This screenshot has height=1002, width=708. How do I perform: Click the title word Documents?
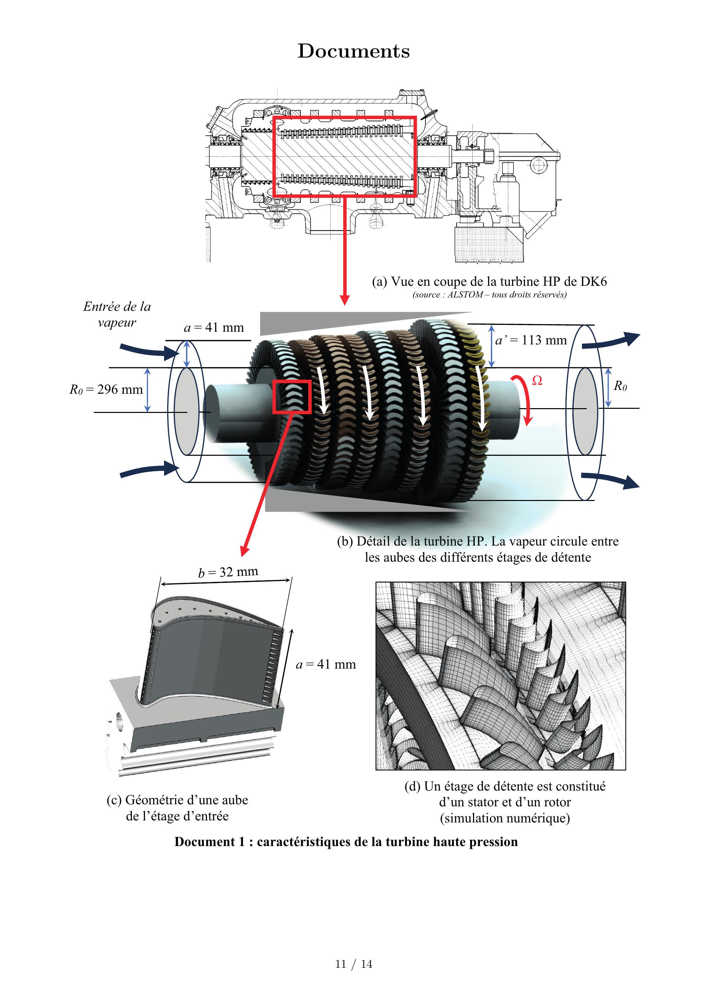pyautogui.click(x=353, y=51)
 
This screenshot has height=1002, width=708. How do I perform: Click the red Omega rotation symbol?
pyautogui.click(x=537, y=381)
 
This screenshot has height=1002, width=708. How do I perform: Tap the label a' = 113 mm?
pyautogui.click(x=531, y=340)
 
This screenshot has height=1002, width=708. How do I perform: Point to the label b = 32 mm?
pyautogui.click(x=228, y=572)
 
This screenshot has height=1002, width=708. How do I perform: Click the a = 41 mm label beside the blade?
pyautogui.click(x=325, y=664)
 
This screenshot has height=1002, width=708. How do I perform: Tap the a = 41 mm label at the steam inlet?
pyautogui.click(x=214, y=327)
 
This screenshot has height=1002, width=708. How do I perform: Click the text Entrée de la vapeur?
pyautogui.click(x=117, y=314)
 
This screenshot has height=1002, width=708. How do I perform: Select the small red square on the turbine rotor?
pyautogui.click(x=292, y=396)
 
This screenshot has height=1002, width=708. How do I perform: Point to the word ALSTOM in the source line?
pyautogui.click(x=465, y=295)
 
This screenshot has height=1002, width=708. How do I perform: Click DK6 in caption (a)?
pyautogui.click(x=593, y=281)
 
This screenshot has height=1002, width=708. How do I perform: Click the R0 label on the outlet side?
pyautogui.click(x=620, y=386)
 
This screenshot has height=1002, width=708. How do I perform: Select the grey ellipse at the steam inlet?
pyautogui.click(x=186, y=411)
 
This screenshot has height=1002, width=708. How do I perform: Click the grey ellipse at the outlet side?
pyautogui.click(x=585, y=411)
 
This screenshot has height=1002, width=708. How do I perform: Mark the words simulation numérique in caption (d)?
pyautogui.click(x=505, y=818)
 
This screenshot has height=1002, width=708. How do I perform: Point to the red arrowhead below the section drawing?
pyautogui.click(x=345, y=300)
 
